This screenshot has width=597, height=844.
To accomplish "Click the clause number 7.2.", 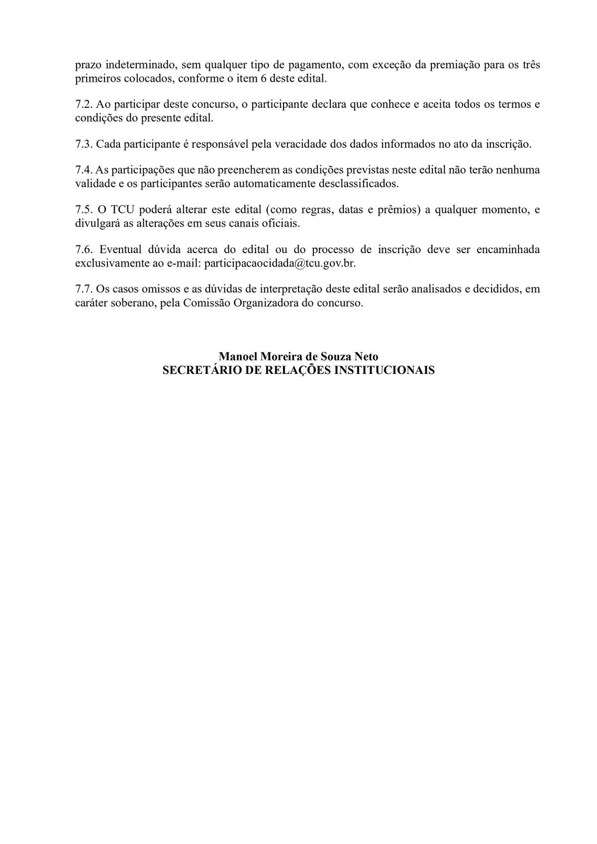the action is click(84, 104).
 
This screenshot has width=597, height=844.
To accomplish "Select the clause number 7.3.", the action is click(84, 144).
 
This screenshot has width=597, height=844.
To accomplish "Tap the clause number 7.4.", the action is click(84, 170).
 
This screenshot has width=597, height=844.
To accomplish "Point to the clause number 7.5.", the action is click(84, 210).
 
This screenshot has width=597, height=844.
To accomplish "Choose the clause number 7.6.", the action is click(84, 250).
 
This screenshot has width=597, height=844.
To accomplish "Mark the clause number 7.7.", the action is click(84, 289).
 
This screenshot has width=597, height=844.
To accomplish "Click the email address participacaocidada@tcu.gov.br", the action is click(280, 264).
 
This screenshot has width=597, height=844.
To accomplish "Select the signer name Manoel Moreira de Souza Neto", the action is click(298, 357).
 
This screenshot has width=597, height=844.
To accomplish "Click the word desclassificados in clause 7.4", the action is click(358, 184).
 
